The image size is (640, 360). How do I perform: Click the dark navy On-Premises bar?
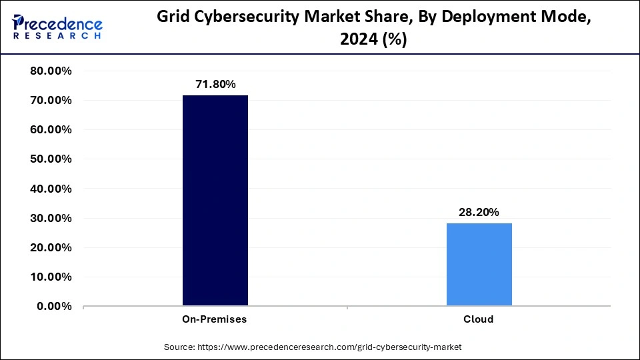(x=215, y=201)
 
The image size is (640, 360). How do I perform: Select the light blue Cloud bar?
(x=479, y=265)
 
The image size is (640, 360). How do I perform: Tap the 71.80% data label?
(x=215, y=84)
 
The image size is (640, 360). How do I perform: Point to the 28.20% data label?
(x=479, y=212)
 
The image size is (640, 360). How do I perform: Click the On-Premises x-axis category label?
(x=215, y=319)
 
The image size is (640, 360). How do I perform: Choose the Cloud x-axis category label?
(x=479, y=319)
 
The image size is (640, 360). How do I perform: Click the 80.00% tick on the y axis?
(x=51, y=71)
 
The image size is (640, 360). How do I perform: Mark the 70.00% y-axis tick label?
(x=51, y=101)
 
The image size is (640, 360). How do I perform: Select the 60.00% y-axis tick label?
(x=51, y=130)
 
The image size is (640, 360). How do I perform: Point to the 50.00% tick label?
(x=51, y=159)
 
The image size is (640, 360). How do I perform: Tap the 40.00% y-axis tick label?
(x=51, y=189)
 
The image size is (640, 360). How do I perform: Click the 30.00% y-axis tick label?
(x=51, y=218)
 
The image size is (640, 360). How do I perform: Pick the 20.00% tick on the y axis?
(x=51, y=247)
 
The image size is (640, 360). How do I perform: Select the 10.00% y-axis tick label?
(x=51, y=277)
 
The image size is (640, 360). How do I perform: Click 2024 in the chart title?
(x=357, y=40)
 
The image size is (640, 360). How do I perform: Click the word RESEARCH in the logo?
(x=58, y=35)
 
